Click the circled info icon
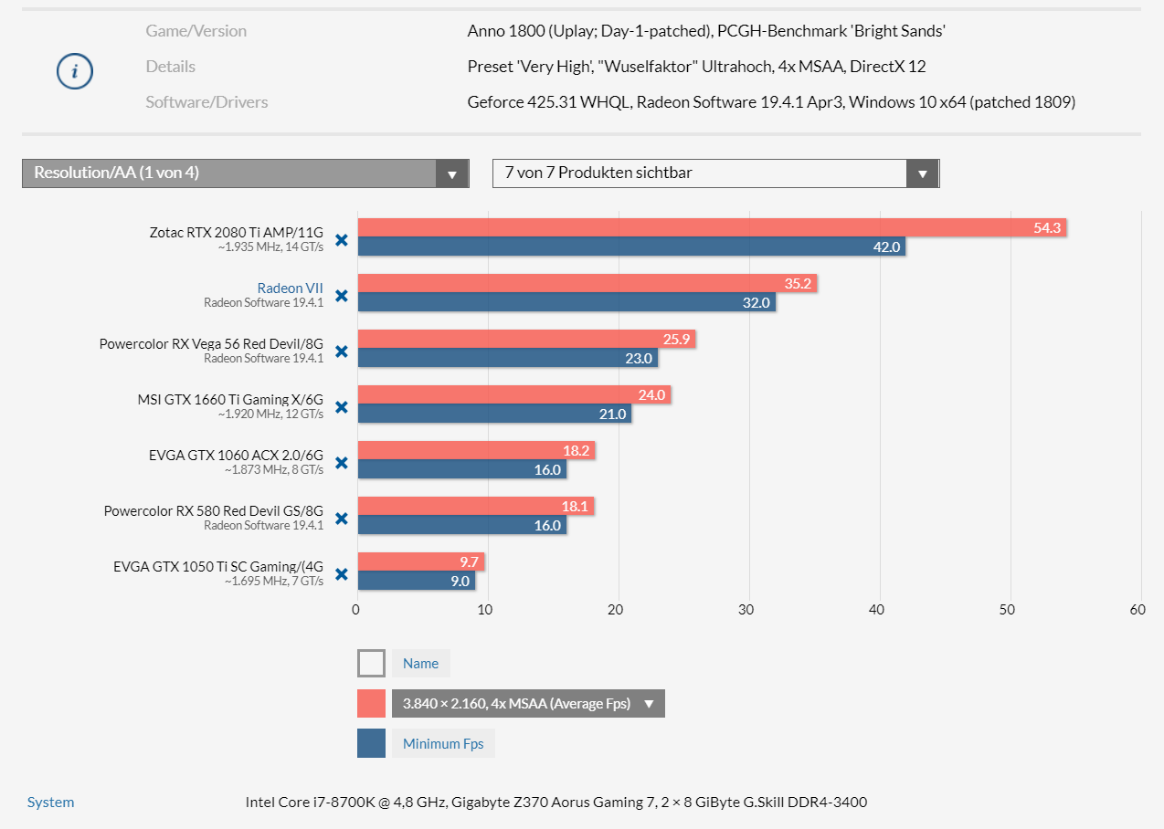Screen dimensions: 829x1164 point(75,70)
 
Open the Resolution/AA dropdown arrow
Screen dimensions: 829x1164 point(451,173)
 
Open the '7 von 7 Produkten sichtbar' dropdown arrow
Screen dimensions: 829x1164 point(922,173)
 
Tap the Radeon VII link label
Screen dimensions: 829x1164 point(290,288)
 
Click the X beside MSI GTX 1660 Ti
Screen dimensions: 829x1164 point(342,407)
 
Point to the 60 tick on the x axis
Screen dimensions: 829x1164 point(1138,610)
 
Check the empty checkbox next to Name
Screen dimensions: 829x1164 point(371,664)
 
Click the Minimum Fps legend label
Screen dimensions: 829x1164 point(443,743)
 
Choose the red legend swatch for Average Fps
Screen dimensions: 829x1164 point(371,704)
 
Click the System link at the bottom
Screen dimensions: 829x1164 point(50,803)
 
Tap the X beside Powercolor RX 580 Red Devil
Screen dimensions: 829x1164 point(342,519)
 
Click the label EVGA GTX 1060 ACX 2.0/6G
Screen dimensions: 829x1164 point(236,454)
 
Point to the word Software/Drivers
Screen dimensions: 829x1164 point(206,102)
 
